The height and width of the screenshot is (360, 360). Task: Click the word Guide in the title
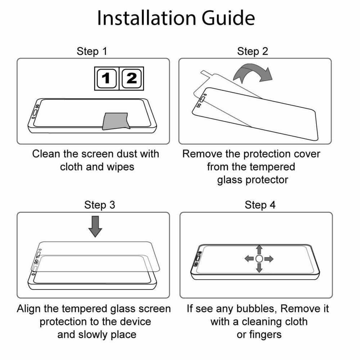pos(229,18)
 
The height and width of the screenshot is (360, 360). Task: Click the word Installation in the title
pos(147,18)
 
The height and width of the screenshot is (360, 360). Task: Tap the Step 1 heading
pos(92,51)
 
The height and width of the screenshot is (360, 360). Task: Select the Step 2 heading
pos(253,51)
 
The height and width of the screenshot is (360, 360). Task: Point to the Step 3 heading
pos(100,205)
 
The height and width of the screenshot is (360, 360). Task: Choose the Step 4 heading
pos(260,205)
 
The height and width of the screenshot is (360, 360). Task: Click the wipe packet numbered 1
pos(107,78)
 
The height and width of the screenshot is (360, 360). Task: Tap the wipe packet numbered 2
pos(131,78)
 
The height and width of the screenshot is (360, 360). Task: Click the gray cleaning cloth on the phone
pos(116,121)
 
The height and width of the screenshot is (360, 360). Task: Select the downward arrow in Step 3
pos(95,226)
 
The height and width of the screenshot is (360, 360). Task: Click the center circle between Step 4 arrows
pos(259,259)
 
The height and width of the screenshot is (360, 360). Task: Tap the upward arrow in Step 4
pos(259,250)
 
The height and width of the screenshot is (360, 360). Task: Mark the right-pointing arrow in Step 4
pos(269,259)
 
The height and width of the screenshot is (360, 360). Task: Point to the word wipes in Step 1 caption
pos(121,167)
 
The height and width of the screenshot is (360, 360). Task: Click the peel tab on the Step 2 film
pos(206,74)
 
